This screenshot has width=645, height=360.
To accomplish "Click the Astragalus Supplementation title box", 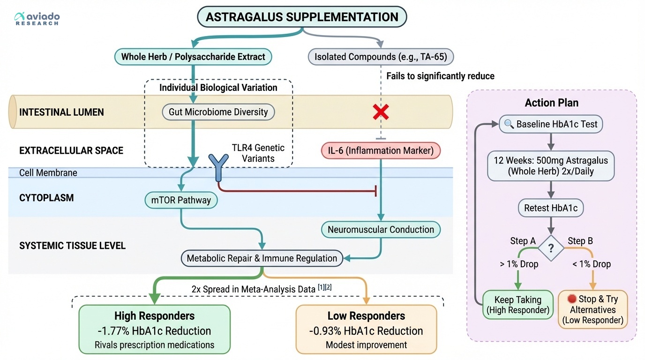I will click(302, 17).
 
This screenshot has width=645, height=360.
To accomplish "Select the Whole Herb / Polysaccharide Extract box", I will click(193, 57).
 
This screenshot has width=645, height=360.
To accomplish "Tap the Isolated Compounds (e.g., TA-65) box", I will click(381, 57).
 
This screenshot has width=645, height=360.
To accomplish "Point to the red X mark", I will click(381, 112).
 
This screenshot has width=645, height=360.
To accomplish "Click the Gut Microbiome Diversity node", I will click(218, 112).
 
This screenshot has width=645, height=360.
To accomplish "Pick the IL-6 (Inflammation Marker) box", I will click(381, 150).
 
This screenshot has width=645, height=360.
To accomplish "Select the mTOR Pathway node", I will click(181, 201).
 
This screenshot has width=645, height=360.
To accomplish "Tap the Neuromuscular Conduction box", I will click(381, 230).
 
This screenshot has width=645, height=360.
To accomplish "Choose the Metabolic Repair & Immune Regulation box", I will click(262, 258).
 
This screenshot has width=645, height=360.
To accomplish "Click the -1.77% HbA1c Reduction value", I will click(154, 331).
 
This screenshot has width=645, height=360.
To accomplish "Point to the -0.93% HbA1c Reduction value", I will click(366, 331).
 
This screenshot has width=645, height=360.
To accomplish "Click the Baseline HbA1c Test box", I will click(551, 125).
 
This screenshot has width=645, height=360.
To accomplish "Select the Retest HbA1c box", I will click(551, 208).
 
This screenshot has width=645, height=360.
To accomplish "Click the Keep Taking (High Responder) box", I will click(517, 305).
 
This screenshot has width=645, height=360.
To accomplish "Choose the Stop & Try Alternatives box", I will click(592, 310).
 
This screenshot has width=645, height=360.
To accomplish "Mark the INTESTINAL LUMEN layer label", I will click(61, 112).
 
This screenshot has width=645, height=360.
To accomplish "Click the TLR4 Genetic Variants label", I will click(258, 153).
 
